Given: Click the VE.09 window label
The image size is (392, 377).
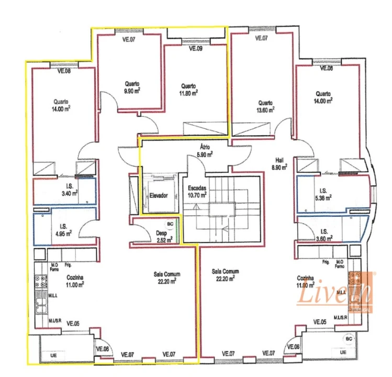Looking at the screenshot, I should pos(195,49).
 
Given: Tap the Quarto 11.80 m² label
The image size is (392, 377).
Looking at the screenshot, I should pos(188,90).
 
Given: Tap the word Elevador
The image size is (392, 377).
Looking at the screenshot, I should pos(158,195).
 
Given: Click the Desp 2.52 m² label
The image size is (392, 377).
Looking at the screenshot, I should pos(161,237).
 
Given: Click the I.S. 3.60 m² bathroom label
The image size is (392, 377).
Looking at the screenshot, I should pos(324,235).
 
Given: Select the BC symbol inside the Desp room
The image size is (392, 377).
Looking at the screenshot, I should pos(170,223).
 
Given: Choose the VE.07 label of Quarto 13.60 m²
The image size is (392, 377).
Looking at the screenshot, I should pos(261,38).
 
